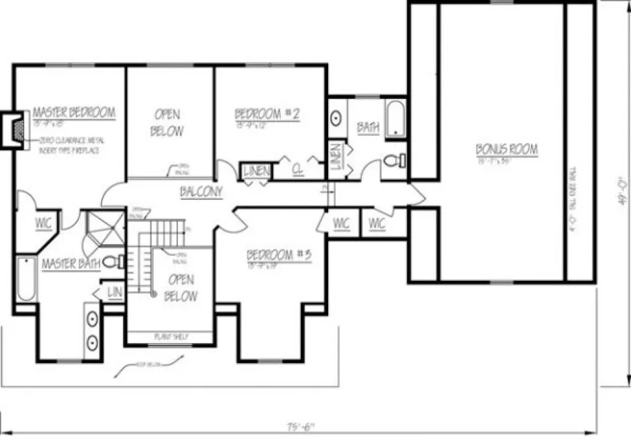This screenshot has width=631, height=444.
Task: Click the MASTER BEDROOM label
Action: [x=74, y=112]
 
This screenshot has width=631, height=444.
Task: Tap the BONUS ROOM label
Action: [x=507, y=150]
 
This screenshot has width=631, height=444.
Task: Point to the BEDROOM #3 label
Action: [x=280, y=255]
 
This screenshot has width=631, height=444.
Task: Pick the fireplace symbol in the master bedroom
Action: [x=18, y=128]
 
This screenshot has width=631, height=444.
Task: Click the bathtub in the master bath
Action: [x=25, y=278]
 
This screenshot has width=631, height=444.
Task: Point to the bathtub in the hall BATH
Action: [x=395, y=119]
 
